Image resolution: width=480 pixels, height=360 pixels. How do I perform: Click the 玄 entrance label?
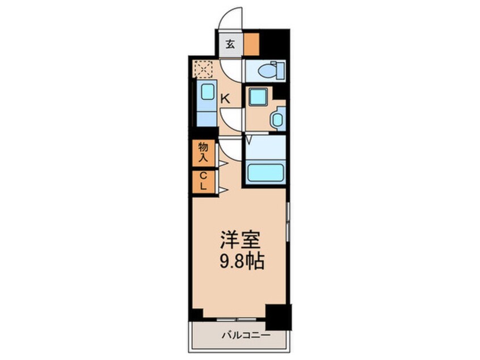tap(231, 44)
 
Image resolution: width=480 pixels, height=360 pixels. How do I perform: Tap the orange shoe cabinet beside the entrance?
tap(251, 44)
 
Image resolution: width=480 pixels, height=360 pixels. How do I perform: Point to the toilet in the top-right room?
tap(265, 71)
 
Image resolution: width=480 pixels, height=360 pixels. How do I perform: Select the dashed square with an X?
tap(201, 69)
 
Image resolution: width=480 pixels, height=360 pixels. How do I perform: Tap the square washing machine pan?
tap(258, 97)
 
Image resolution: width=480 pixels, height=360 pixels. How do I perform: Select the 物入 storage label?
tap(203, 152)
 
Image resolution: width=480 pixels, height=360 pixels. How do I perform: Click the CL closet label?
tap(203, 182)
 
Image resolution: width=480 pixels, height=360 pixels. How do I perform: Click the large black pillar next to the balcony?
tap(277, 317)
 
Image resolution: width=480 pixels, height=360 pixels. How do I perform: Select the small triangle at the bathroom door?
tap(249, 139)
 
